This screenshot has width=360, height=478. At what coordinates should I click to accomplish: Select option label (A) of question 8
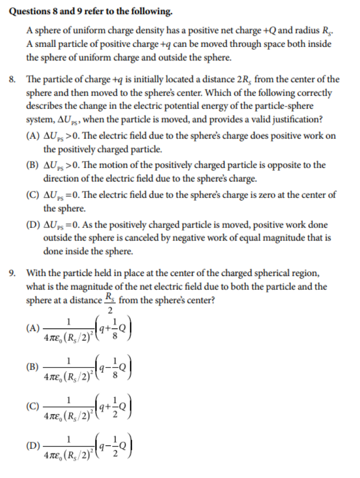[x=33, y=136]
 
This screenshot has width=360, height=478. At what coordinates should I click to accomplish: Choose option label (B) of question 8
[x=33, y=165]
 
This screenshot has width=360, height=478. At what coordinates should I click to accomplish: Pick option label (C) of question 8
[x=33, y=194]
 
